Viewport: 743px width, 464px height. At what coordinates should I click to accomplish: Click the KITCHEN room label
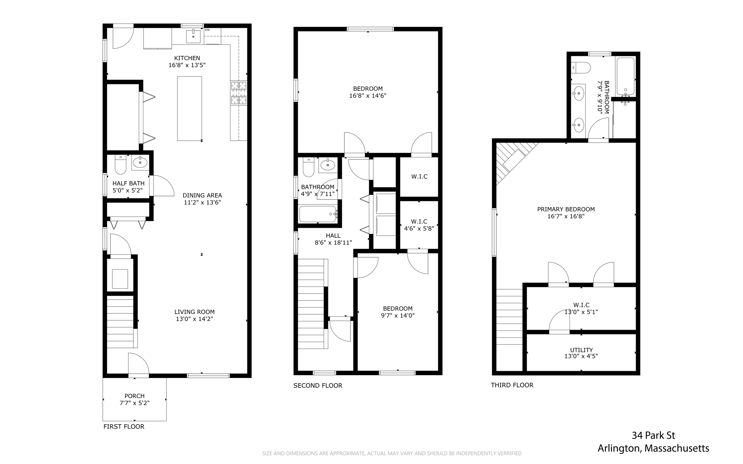[187, 58]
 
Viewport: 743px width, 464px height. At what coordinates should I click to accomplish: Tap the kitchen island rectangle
[189, 108]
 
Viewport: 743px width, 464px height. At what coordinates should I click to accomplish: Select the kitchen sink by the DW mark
[193, 36]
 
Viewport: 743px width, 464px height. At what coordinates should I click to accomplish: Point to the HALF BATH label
[128, 184]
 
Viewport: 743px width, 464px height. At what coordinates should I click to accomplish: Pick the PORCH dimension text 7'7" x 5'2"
[135, 403]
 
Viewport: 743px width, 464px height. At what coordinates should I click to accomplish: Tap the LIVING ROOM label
[194, 312]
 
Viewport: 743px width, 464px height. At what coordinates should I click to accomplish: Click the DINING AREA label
[202, 196]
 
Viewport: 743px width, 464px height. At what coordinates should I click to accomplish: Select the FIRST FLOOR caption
[124, 427]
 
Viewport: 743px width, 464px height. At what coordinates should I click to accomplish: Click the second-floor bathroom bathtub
[318, 214]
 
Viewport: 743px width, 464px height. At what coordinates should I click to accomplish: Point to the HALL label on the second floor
[333, 236]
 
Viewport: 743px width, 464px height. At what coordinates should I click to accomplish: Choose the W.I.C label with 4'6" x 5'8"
[419, 221]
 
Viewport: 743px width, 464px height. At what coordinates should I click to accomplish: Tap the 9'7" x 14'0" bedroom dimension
[398, 316]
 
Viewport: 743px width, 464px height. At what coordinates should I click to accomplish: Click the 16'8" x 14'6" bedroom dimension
[368, 96]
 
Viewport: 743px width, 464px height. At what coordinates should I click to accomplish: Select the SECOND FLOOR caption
[318, 386]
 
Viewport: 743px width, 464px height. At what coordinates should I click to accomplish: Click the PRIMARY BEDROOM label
[566, 209]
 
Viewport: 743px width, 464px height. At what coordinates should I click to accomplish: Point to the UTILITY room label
[581, 350]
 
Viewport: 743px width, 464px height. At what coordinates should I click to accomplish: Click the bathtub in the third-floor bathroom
[625, 76]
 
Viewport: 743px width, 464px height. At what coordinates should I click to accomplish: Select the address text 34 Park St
[653, 435]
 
